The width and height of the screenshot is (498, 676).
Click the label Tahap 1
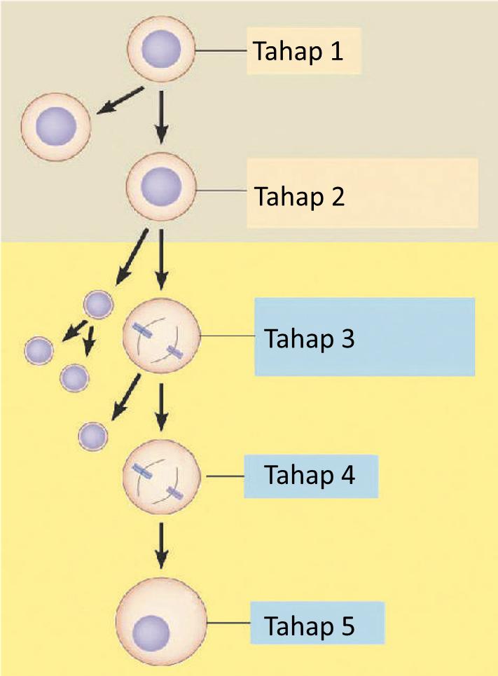tap(298, 51)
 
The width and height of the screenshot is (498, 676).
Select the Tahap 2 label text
tap(299, 196)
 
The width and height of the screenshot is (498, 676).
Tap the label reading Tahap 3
tap(309, 338)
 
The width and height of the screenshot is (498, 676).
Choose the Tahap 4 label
tap(310, 476)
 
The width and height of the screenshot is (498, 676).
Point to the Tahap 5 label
tap(310, 623)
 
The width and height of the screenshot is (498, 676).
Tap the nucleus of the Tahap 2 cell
tap(162, 188)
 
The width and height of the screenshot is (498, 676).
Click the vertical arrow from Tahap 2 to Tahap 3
tap(162, 258)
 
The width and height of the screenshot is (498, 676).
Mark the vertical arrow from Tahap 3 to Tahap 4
tap(162, 406)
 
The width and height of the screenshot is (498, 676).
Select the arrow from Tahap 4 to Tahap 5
tap(162, 544)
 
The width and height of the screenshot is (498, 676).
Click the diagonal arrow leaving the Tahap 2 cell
tap(131, 256)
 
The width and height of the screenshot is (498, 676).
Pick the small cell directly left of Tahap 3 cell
tap(98, 305)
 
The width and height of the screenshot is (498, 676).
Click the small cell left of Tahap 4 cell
tap(93, 436)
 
